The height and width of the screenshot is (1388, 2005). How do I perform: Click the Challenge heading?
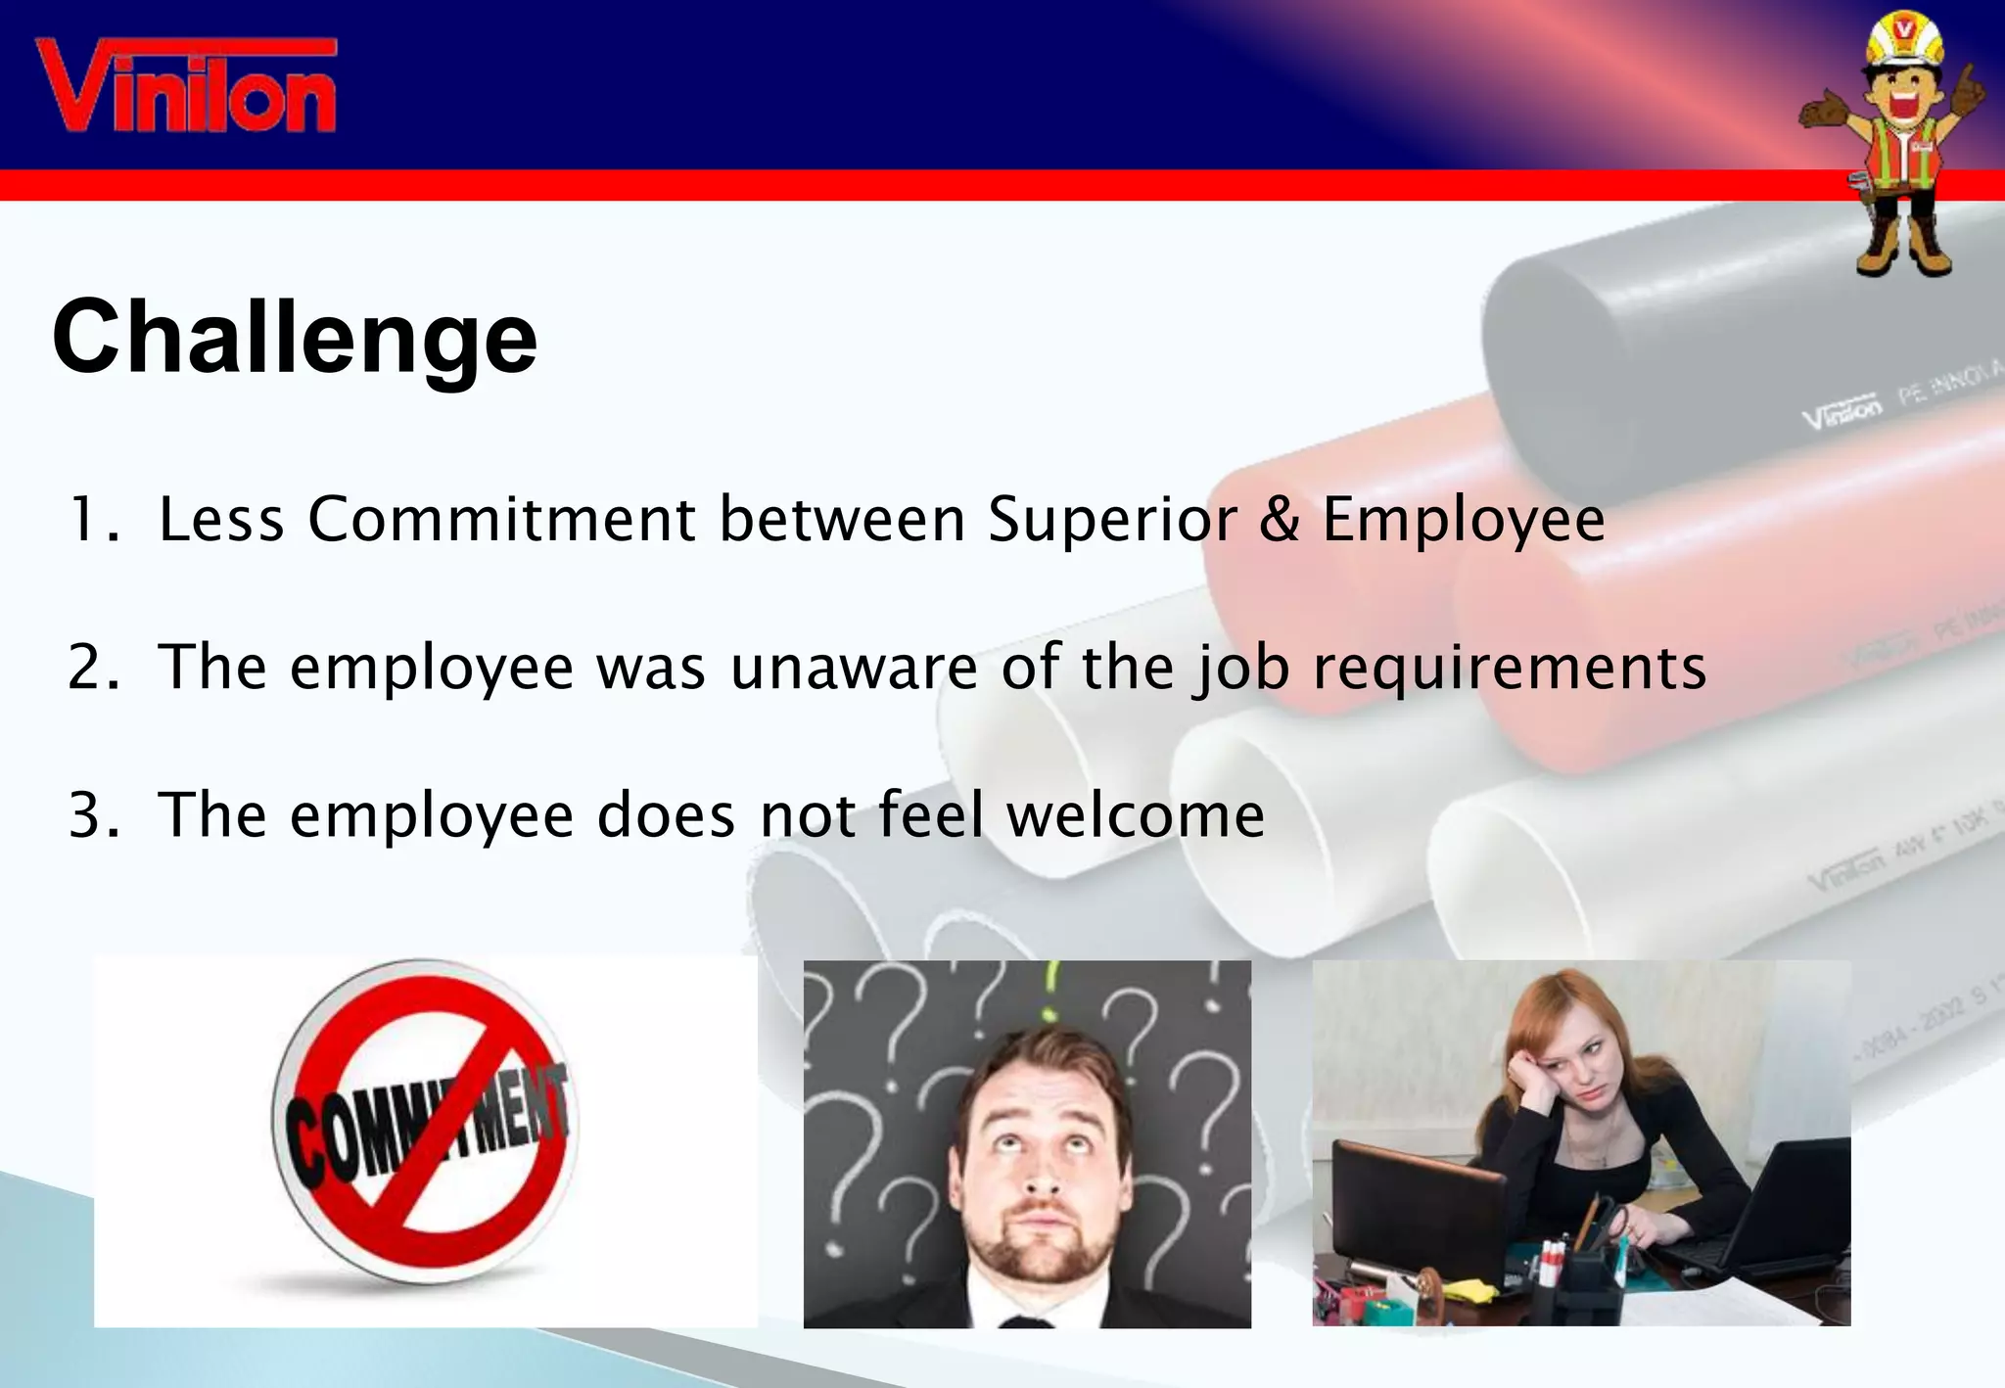[295, 338]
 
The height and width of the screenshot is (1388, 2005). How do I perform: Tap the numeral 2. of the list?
[94, 668]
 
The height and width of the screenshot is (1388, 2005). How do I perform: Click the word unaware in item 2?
[853, 668]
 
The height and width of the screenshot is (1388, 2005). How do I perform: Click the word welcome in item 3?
[1136, 814]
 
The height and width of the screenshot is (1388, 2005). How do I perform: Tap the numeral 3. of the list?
[94, 814]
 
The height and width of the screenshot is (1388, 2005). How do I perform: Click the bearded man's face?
[1044, 1165]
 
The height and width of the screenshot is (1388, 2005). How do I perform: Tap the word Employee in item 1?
[1464, 521]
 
